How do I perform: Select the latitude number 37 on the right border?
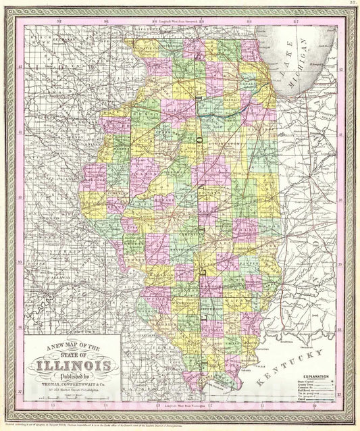tap(340, 390)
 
